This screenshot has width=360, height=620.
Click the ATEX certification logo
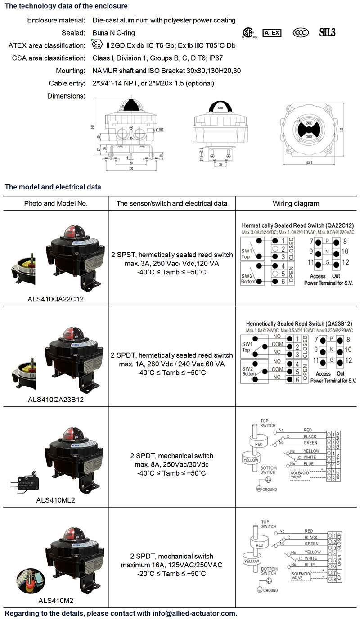[x=273, y=32]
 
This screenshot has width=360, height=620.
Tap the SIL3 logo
[x=327, y=32]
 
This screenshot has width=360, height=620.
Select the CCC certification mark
[x=300, y=32]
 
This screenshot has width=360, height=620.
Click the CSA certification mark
[x=247, y=33]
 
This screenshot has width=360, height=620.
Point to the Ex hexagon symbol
[x=96, y=45]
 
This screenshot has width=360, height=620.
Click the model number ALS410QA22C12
[x=56, y=298]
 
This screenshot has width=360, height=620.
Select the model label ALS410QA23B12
[x=56, y=399]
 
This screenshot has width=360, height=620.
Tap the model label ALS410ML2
[x=56, y=499]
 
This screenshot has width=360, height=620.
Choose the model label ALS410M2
[x=56, y=600]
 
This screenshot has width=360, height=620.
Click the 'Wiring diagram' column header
[x=296, y=203]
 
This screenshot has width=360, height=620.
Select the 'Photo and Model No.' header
[x=56, y=203]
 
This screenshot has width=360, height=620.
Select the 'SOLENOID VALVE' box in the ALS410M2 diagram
[x=300, y=576]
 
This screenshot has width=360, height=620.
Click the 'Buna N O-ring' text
[x=114, y=33]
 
